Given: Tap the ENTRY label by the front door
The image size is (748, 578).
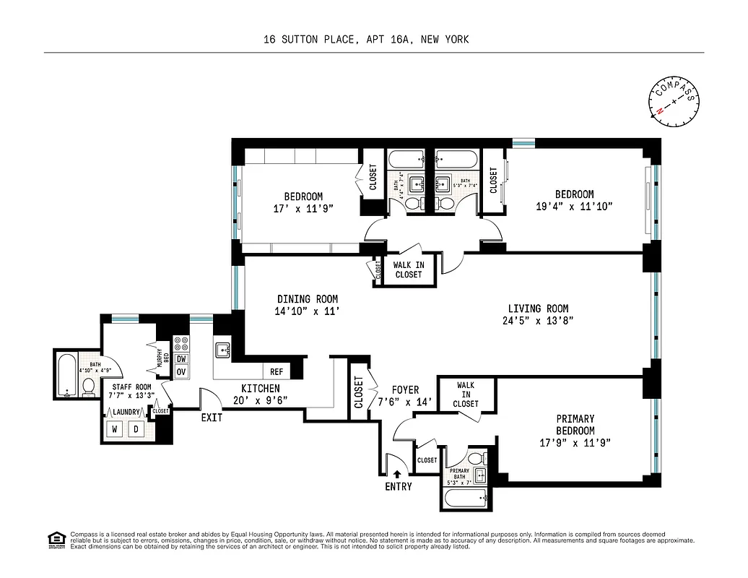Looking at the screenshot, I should [398, 486].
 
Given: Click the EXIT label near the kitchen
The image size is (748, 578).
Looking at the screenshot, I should [212, 417].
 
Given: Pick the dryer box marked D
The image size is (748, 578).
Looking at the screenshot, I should [135, 429].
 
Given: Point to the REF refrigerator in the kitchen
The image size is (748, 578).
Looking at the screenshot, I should [276, 371].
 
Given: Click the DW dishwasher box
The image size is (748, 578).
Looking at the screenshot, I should [182, 358].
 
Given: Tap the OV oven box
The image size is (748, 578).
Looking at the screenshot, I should [182, 371].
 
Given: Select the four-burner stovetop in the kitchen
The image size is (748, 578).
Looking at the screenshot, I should [182, 343].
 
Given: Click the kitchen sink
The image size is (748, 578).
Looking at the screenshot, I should [222, 350].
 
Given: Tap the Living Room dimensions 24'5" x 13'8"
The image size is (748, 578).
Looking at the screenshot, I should [537, 321].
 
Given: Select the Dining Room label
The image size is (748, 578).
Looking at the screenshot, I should [308, 298].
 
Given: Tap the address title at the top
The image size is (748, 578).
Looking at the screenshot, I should [366, 40].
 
